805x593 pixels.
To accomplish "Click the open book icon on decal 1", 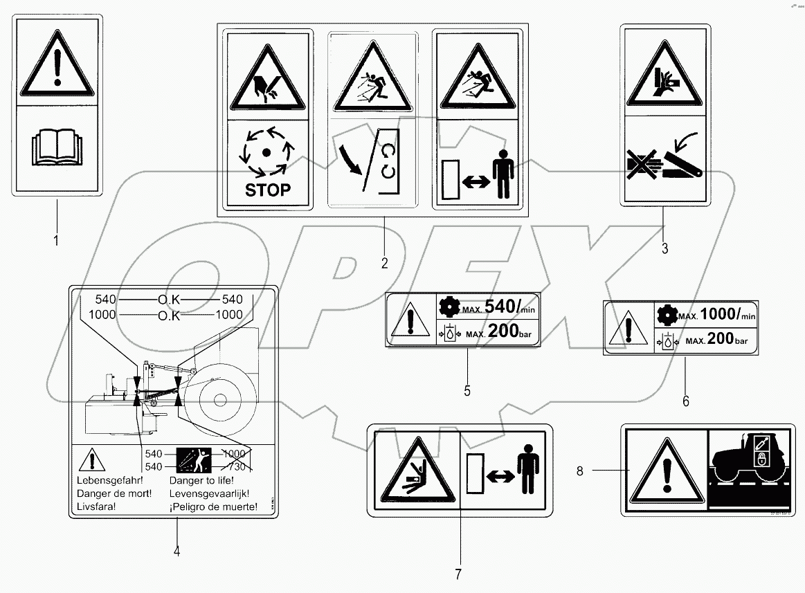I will (x=57, y=147).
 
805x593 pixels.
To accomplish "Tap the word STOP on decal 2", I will (x=268, y=190).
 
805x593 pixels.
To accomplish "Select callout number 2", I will (x=384, y=263).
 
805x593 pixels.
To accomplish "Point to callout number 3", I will (x=664, y=248).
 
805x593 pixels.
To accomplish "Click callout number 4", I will (x=177, y=551).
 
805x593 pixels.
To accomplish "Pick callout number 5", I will (x=467, y=391).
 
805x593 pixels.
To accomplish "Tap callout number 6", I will (x=686, y=401).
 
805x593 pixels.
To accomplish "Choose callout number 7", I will (x=458, y=574).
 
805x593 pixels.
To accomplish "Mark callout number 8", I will (x=579, y=471).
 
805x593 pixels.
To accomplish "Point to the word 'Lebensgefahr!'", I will (x=107, y=480).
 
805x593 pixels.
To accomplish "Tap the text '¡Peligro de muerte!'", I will (x=213, y=507).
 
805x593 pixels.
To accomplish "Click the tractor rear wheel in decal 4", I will (x=219, y=399).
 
